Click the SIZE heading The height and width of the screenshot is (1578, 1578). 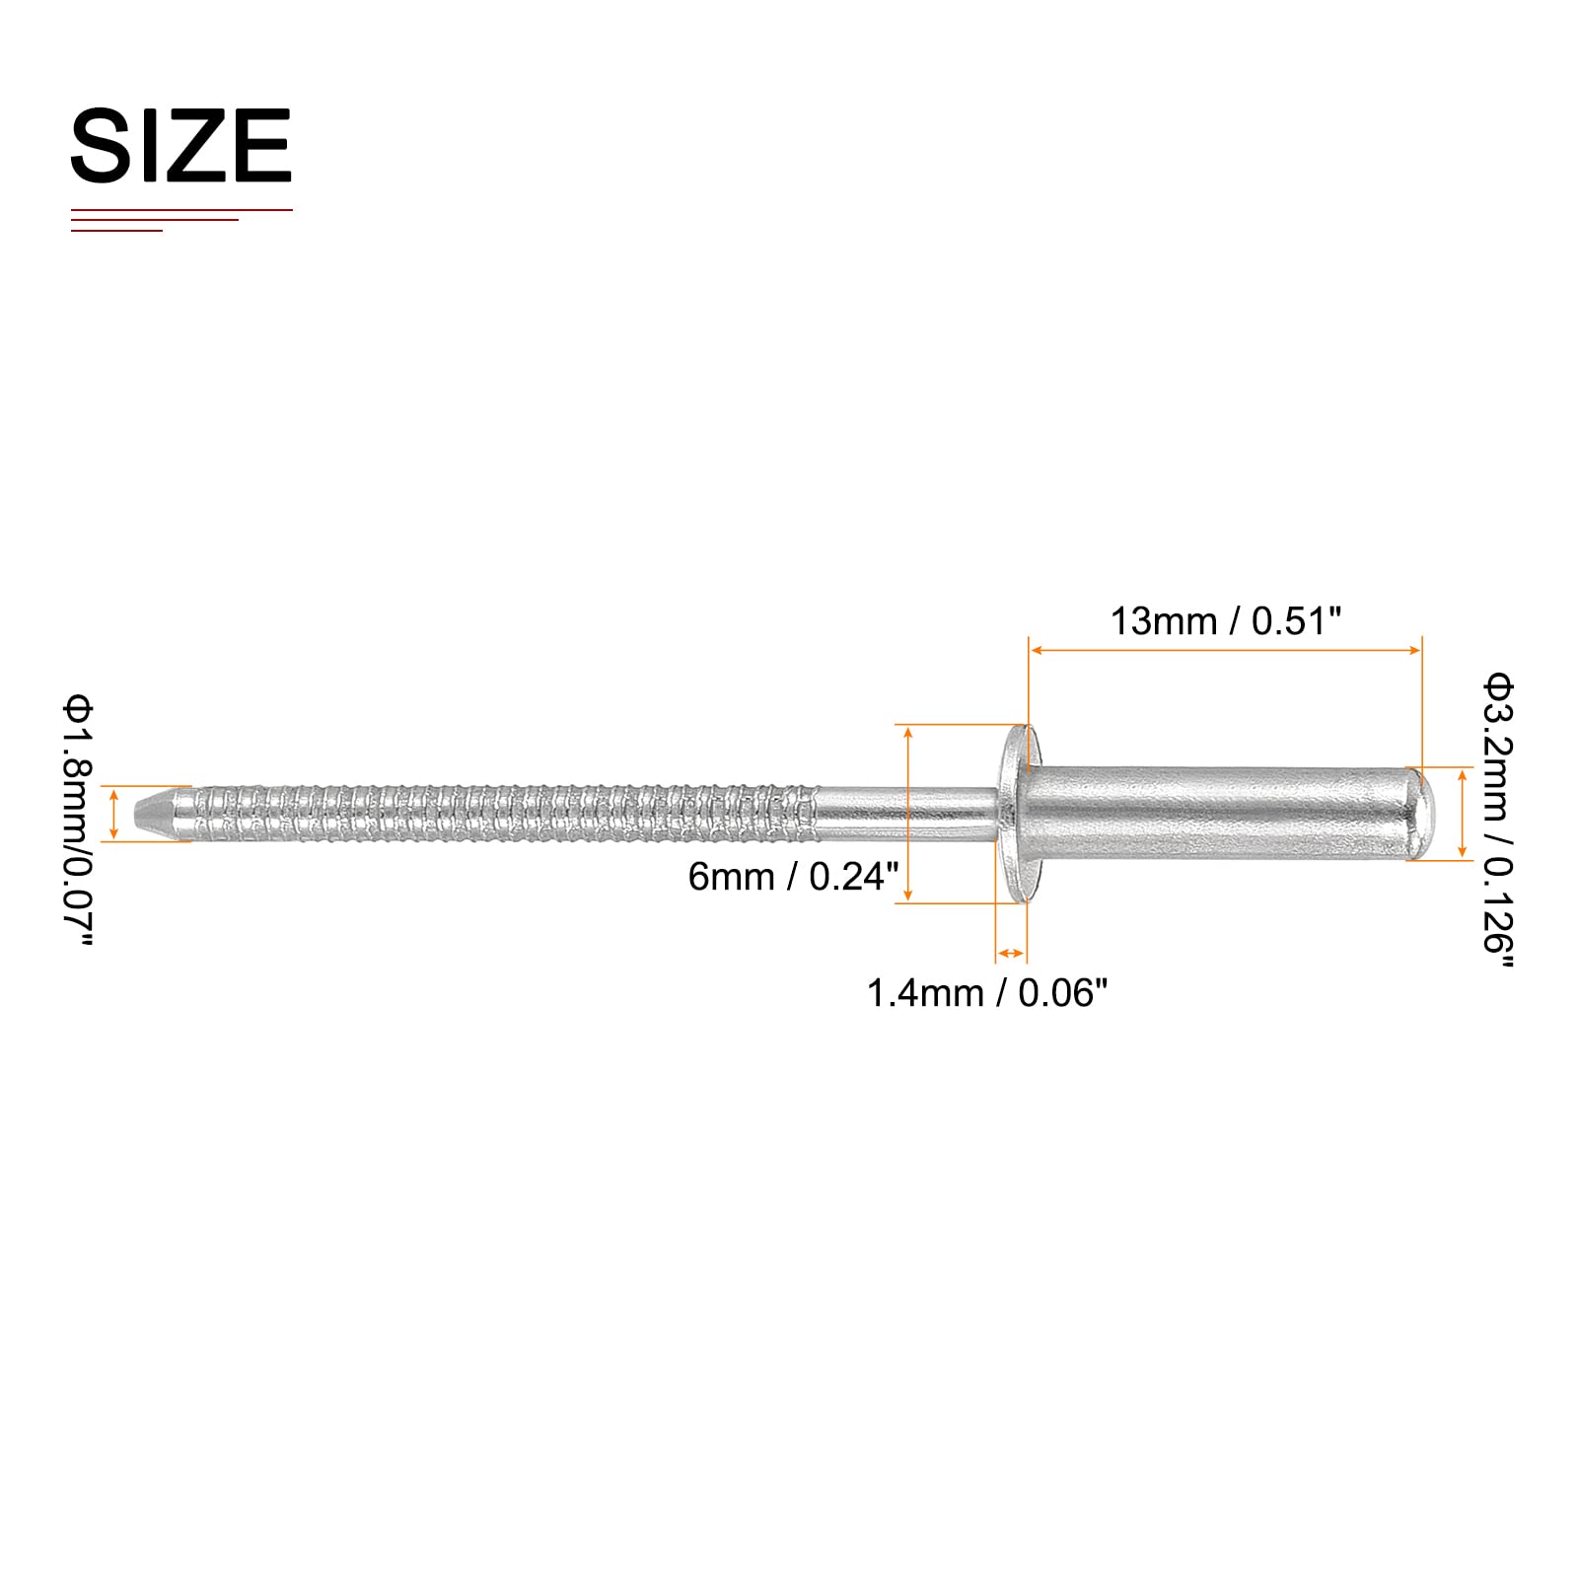point(181,146)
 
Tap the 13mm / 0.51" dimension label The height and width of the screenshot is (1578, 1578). point(1226,621)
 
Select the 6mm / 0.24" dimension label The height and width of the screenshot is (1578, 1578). point(794,876)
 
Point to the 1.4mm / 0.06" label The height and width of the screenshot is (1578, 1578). point(987,992)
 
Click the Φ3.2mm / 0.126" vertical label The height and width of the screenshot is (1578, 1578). point(1497,821)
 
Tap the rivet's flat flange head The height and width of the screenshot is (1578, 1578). point(1012,813)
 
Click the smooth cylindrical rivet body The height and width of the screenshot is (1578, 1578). point(1223,814)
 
